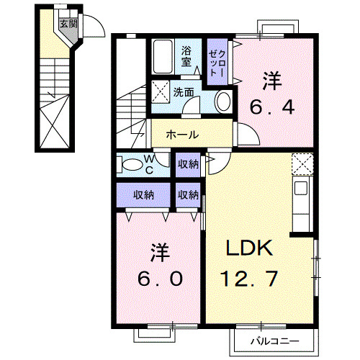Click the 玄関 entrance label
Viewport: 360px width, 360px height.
point(67,24)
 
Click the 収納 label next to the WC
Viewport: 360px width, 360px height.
point(189,165)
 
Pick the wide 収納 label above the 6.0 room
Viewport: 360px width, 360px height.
point(143,194)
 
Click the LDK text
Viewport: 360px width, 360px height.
point(248,250)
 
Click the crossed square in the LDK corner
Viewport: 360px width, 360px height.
point(303,164)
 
